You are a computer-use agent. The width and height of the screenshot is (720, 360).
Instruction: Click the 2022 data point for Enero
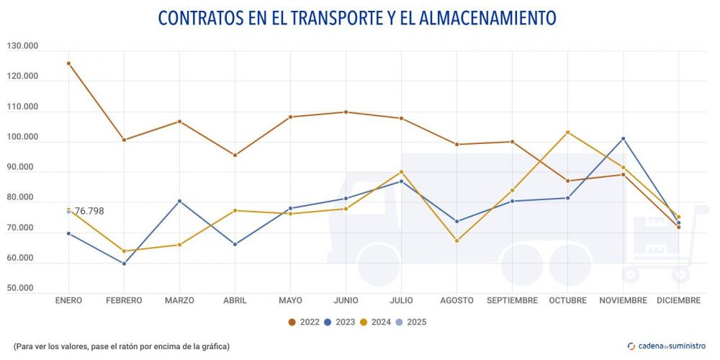68,63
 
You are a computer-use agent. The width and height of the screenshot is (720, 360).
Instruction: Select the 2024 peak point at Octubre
567,132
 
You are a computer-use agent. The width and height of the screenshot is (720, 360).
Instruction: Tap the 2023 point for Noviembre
623,138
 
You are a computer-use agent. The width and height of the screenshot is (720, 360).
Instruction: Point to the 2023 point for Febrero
124,264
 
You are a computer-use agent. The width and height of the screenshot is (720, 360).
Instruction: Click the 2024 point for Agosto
456,240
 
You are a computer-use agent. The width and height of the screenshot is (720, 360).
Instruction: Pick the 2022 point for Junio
346,112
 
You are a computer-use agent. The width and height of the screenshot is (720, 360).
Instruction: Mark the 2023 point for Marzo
179,201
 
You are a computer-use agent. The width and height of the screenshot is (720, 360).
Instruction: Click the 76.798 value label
89,211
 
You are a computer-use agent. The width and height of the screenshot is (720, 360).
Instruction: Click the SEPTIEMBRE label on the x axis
512,300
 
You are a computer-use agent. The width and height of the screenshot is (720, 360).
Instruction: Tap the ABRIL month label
235,300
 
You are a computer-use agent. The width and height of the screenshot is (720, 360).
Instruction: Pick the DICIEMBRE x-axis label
678,300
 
